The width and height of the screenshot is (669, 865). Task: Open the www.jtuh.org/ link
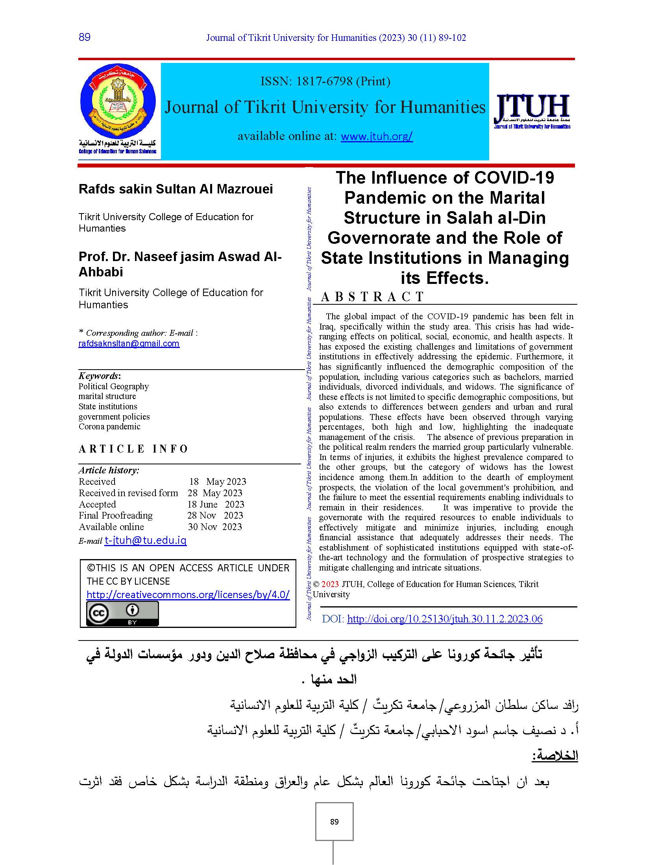point(377,136)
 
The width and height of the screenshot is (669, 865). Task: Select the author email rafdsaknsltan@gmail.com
point(129,343)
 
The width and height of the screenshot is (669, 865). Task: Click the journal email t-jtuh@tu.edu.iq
point(146,540)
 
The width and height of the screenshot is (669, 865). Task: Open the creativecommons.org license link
point(188,594)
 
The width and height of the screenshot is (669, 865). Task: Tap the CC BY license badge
point(122,614)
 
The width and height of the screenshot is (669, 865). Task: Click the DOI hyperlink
point(444,619)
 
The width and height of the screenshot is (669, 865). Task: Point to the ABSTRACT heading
point(372,296)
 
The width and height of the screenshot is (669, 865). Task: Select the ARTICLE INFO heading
point(133,449)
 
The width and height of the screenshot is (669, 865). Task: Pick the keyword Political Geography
point(113,386)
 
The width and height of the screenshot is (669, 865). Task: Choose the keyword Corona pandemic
point(109,427)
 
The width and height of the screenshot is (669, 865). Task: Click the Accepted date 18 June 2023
point(216,504)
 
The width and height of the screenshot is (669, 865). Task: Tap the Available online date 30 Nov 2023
point(215,527)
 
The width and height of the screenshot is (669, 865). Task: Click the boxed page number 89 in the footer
point(334,822)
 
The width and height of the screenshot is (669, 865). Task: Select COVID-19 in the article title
point(514,178)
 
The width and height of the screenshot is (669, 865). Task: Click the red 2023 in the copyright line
point(330,584)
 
